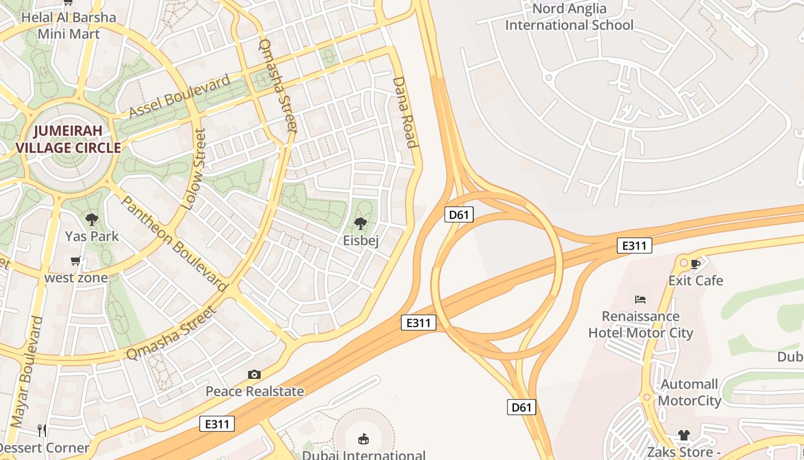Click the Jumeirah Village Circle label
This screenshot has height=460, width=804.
click(x=68, y=139)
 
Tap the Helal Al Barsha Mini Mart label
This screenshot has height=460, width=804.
click(x=68, y=25)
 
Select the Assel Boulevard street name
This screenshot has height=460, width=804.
click(x=179, y=96)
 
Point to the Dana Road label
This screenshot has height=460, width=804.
click(x=404, y=112)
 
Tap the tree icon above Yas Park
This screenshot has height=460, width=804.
click(x=91, y=219)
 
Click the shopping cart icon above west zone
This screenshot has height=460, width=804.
click(x=76, y=262)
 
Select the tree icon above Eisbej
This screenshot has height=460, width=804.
click(x=361, y=223)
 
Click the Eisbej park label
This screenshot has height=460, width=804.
click(x=361, y=240)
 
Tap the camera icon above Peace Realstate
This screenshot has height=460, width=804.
click(x=254, y=375)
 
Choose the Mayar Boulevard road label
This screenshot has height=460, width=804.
click(x=27, y=371)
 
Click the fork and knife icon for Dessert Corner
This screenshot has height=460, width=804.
click(x=41, y=430)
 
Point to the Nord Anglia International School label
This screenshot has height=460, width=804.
click(x=569, y=17)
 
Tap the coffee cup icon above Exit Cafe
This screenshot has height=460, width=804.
click(x=695, y=264)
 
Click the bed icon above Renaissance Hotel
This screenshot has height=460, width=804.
click(x=640, y=299)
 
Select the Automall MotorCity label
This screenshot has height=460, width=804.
click(x=690, y=392)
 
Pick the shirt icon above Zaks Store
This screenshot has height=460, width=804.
click(x=683, y=435)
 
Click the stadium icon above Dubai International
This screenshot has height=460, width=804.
click(x=363, y=439)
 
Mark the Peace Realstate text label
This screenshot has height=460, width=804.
click(x=254, y=392)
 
